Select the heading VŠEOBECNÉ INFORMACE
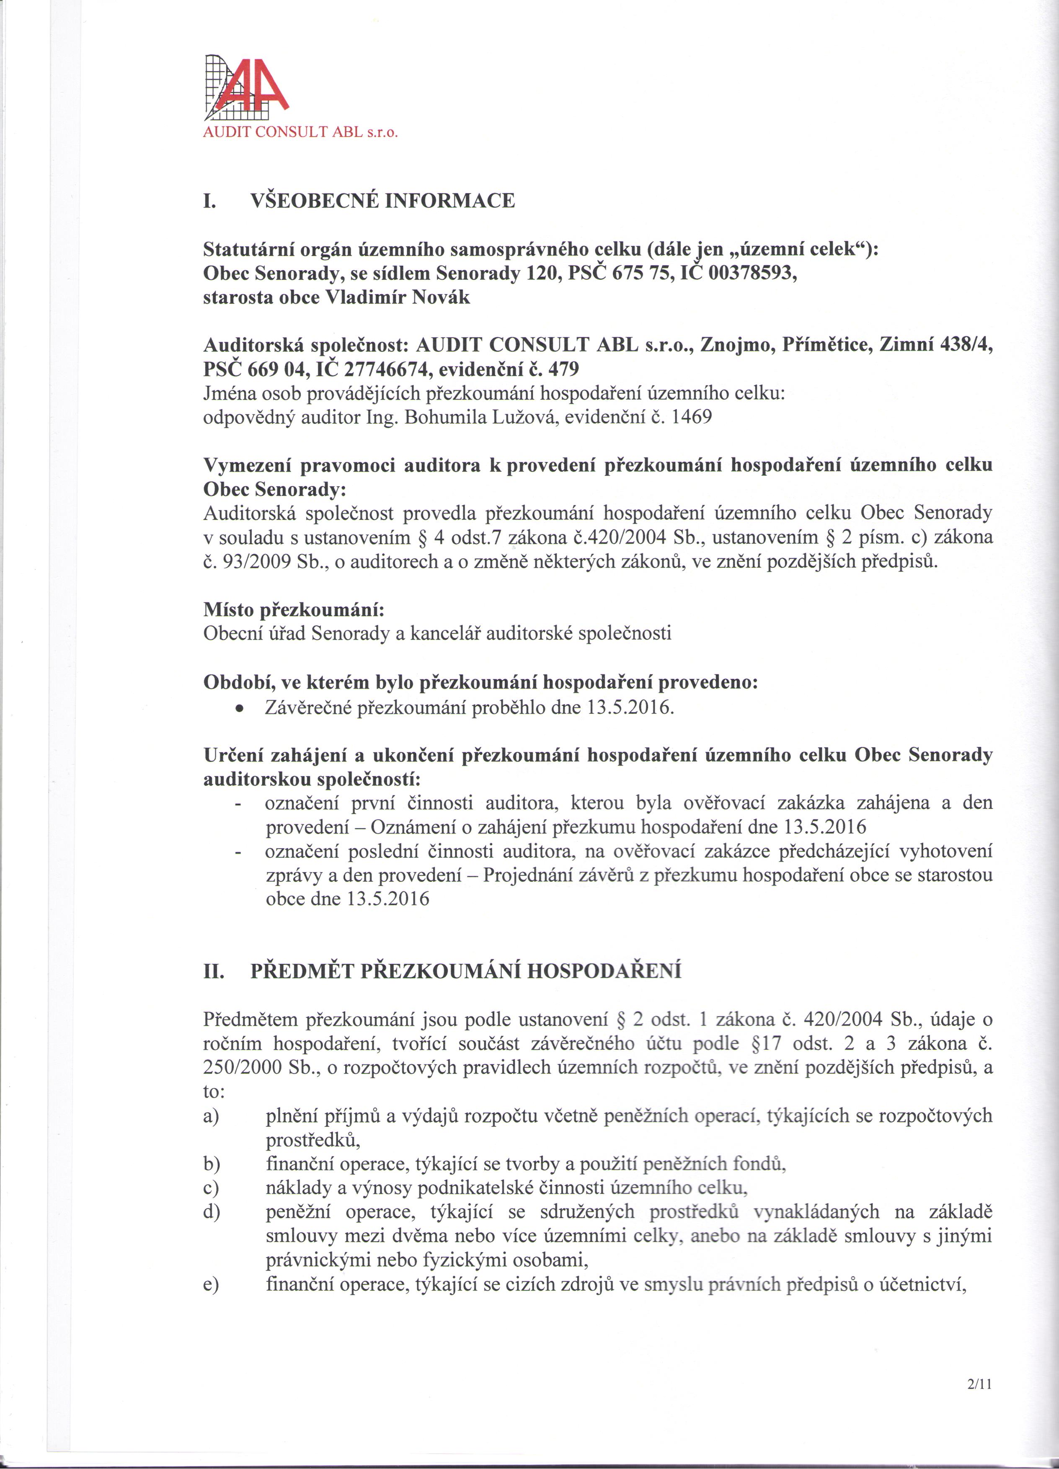[382, 201]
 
